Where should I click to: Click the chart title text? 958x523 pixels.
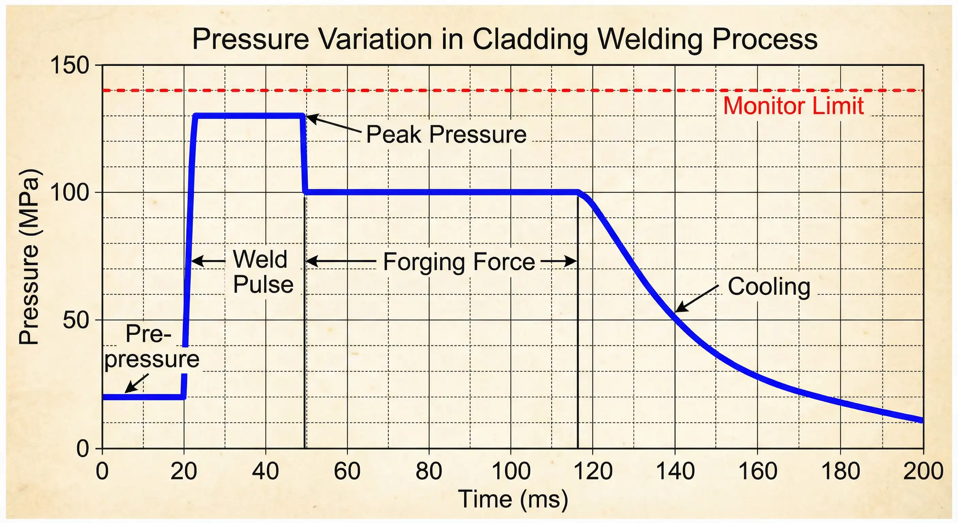(x=504, y=39)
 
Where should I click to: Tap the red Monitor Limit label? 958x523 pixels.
(x=793, y=106)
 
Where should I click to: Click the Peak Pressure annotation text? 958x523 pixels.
(x=446, y=134)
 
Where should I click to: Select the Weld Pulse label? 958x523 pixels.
(x=263, y=272)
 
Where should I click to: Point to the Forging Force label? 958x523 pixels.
(x=459, y=262)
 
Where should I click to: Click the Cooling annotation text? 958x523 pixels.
(x=769, y=287)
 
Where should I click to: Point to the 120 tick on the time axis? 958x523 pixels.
(x=593, y=471)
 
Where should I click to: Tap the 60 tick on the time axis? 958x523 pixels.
(x=347, y=471)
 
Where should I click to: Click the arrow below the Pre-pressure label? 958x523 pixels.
(x=136, y=383)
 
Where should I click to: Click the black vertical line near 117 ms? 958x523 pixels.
(x=578, y=335)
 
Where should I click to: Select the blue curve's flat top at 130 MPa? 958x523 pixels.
(x=249, y=116)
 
